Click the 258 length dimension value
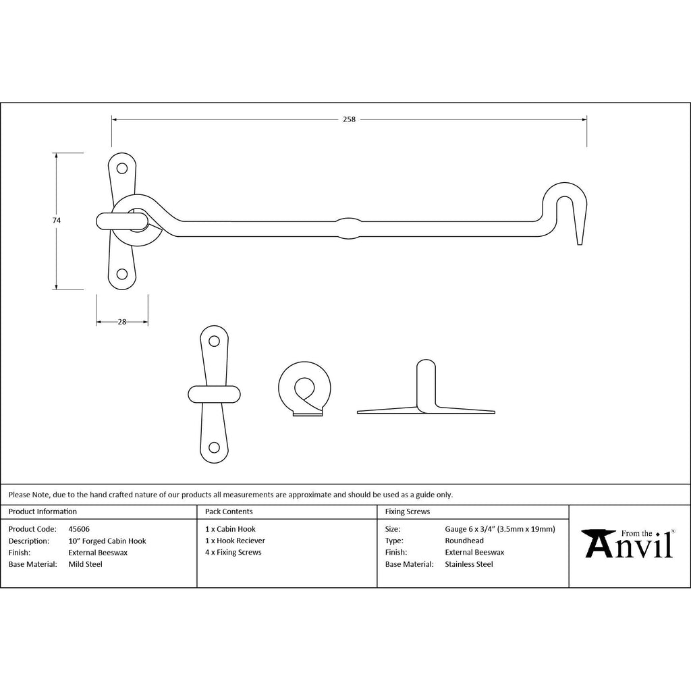pos(349,119)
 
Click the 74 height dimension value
pos(57,221)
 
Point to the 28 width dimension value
pos(122,322)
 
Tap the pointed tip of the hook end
pos(580,243)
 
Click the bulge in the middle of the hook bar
pos(349,228)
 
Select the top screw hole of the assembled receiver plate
pos(121,168)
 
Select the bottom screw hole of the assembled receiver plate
pos(122,275)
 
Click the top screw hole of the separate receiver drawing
pos(214,341)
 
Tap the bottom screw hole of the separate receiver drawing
pos(214,448)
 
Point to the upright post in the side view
pos(426,384)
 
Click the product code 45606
pos(79,529)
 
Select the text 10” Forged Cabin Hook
pos(107,541)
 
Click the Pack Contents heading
pos(229,512)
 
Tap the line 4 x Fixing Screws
pos(233,552)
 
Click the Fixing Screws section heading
pos(407,512)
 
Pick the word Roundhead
pos(464,541)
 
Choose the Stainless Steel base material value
pos(469,564)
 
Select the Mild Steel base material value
pos(85,564)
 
